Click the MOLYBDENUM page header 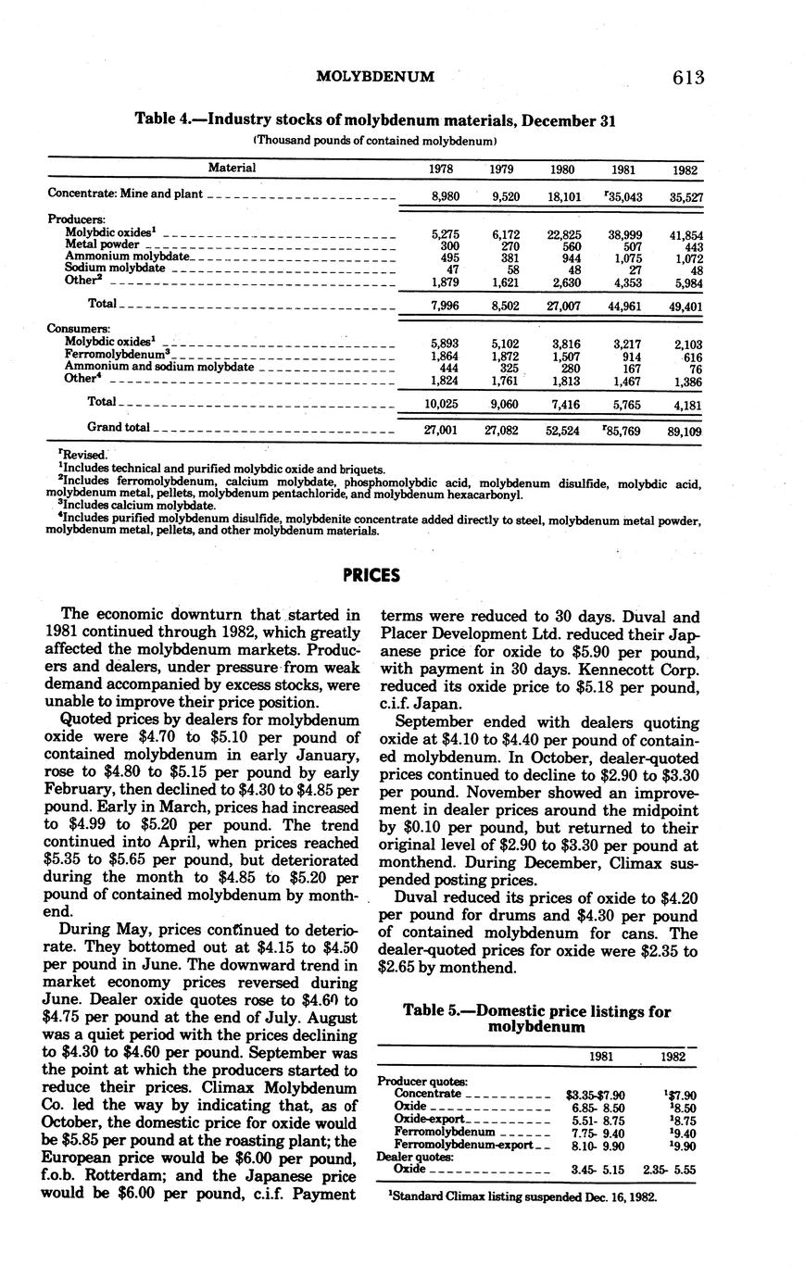[x=375, y=77]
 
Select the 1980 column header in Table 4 [x=562, y=169]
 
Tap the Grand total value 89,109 [x=685, y=431]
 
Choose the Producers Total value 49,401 [x=685, y=306]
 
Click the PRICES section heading [x=371, y=575]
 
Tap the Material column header [x=232, y=169]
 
